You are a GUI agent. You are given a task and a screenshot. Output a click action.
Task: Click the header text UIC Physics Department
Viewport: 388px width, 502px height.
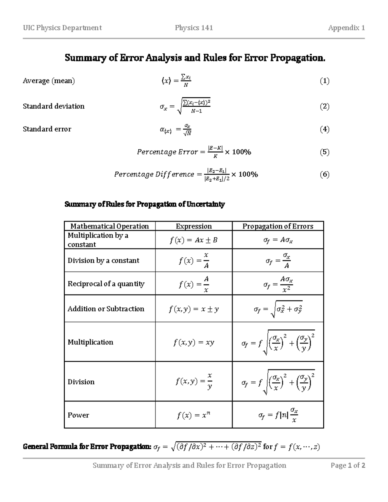point(62,28)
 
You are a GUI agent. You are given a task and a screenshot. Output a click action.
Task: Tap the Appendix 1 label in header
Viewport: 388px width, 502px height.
point(346,28)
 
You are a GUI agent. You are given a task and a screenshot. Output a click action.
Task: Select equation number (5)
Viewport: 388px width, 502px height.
point(325,152)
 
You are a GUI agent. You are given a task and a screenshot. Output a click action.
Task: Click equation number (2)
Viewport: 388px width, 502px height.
point(325,106)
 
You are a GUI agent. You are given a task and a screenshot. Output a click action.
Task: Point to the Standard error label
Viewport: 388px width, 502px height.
point(47,129)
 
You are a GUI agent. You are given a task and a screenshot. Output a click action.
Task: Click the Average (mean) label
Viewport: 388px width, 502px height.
point(48,81)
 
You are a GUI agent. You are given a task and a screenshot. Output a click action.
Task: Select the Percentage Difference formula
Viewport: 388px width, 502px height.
point(186,175)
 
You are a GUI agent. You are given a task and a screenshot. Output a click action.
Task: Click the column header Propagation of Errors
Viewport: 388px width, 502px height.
point(278,226)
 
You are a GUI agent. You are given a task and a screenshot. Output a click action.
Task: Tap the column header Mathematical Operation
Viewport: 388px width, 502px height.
point(110,226)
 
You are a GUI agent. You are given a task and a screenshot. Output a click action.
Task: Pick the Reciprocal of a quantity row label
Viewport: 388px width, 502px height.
point(106,284)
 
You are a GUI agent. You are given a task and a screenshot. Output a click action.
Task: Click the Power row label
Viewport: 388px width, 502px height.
point(78,415)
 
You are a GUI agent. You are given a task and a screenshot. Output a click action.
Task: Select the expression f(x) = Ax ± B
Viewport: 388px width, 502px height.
point(193,240)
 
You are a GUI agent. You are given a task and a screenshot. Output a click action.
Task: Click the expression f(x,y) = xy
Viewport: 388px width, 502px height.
point(193,342)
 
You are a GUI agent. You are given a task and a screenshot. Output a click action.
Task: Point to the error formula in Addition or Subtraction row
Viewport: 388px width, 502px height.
point(278,310)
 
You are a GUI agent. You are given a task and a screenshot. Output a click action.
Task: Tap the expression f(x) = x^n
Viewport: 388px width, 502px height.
point(193,415)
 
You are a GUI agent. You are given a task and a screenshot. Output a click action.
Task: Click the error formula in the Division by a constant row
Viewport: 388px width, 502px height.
point(278,261)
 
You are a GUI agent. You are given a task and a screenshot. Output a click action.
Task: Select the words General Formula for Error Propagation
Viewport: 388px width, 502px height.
point(87,447)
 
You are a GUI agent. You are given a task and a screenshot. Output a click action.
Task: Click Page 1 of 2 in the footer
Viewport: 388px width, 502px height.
point(348,465)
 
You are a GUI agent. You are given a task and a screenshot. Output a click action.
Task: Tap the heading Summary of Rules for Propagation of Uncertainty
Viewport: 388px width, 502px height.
point(145,204)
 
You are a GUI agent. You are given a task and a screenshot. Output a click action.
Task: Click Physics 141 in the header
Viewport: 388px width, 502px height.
point(194,28)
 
